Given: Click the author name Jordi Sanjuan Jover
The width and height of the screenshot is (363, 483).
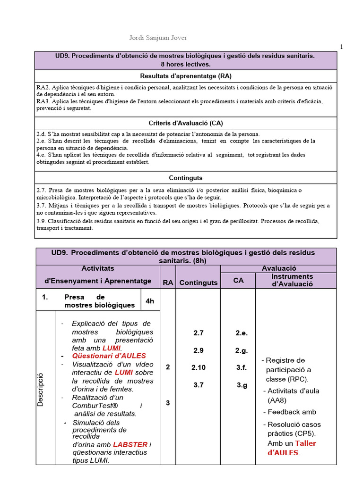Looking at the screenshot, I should (x=155, y=38).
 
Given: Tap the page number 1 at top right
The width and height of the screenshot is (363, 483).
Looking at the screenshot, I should (x=341, y=46).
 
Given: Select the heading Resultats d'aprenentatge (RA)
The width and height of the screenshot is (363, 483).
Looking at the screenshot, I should (x=186, y=76).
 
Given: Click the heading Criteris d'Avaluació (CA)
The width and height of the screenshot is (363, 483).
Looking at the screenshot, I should (x=186, y=123).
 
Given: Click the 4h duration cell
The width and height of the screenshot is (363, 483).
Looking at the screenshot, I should (x=150, y=301).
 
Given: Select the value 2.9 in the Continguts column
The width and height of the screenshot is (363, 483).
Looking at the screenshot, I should (x=198, y=350).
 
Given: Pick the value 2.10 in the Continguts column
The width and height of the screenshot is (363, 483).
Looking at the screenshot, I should (x=198, y=367).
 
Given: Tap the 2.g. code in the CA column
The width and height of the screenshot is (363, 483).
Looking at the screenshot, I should (x=241, y=350).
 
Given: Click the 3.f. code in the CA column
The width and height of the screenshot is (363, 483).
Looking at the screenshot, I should (x=241, y=367).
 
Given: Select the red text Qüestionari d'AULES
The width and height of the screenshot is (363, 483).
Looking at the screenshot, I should (x=109, y=356).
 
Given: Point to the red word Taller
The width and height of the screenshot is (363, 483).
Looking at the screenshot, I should (x=305, y=443).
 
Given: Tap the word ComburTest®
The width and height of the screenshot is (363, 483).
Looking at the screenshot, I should (x=95, y=406).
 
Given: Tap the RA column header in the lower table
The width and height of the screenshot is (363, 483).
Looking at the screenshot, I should (x=168, y=283).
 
